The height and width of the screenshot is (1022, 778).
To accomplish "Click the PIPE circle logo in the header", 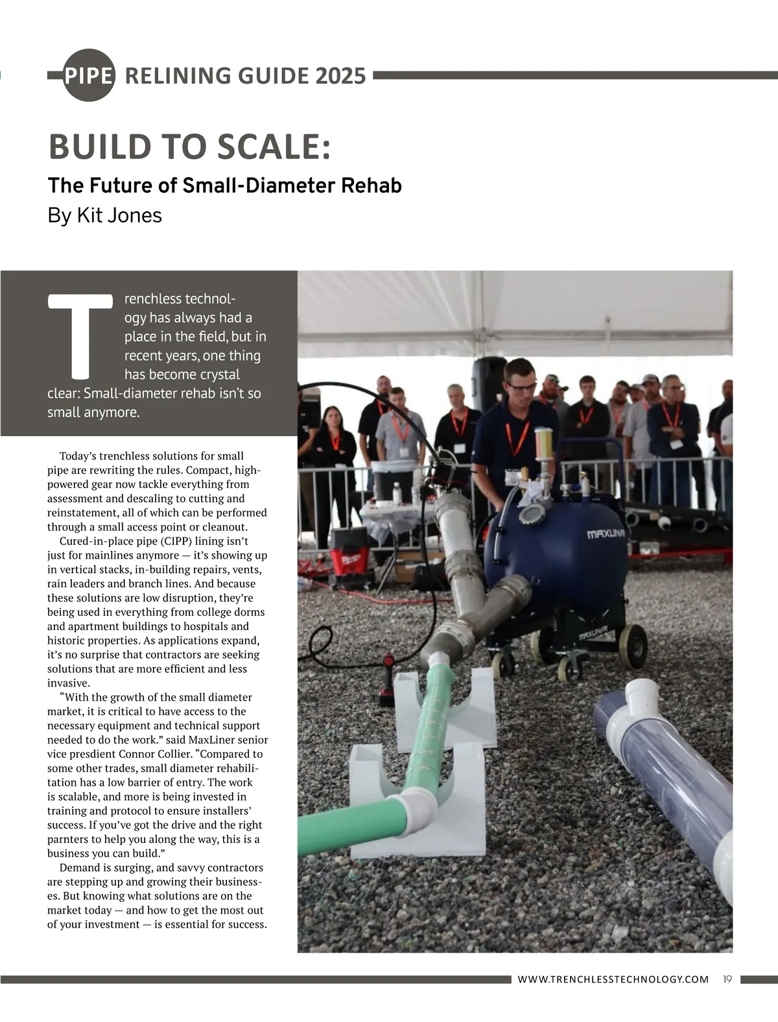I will tap(89, 75).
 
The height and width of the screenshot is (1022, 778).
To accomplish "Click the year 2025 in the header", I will tap(341, 76).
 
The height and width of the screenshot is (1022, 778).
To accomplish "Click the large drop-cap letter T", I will tap(80, 335).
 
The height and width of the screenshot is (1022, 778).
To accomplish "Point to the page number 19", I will tap(727, 979).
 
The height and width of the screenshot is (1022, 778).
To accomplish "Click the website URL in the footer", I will tap(613, 979).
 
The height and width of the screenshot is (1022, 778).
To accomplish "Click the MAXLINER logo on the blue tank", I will tap(606, 534).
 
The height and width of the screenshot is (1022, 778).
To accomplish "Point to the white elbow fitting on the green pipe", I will tap(416, 810).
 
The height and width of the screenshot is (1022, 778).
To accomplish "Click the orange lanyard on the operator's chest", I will tap(517, 437).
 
